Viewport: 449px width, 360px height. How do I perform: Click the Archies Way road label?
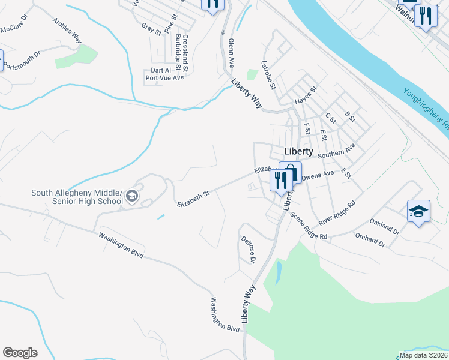pyautogui.click(x=67, y=30)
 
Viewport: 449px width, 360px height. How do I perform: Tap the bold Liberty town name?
pyautogui.click(x=298, y=152)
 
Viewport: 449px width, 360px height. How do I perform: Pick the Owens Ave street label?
pyautogui.click(x=317, y=175)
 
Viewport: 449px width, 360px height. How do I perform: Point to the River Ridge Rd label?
pyautogui.click(x=338, y=211)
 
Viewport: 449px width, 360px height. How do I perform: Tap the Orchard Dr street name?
pyautogui.click(x=369, y=241)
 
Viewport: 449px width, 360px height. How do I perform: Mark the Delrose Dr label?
pyautogui.click(x=249, y=250)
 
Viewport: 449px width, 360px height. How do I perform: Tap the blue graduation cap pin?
pyautogui.click(x=418, y=211)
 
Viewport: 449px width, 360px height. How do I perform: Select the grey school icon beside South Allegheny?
pyautogui.click(x=132, y=196)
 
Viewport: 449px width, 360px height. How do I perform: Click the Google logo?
pyautogui.click(x=20, y=353)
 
